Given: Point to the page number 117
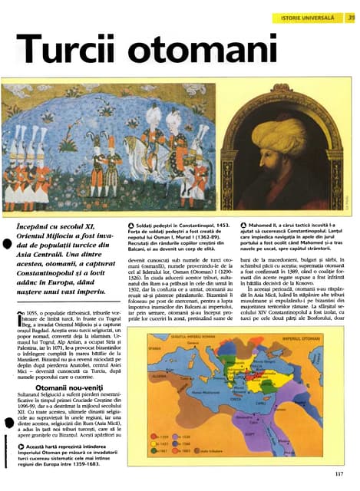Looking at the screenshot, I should [339, 473].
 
